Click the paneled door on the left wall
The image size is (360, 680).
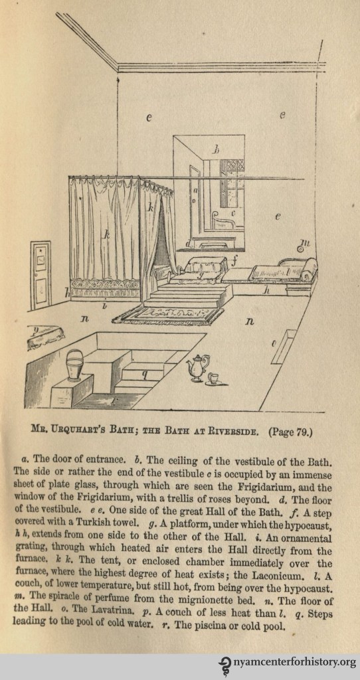pyautogui.click(x=41, y=276)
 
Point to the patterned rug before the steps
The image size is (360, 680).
pyautogui.click(x=169, y=314)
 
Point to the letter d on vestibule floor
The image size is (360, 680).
pyautogui.click(x=189, y=244)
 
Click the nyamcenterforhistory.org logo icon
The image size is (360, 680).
pyautogui.click(x=226, y=664)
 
